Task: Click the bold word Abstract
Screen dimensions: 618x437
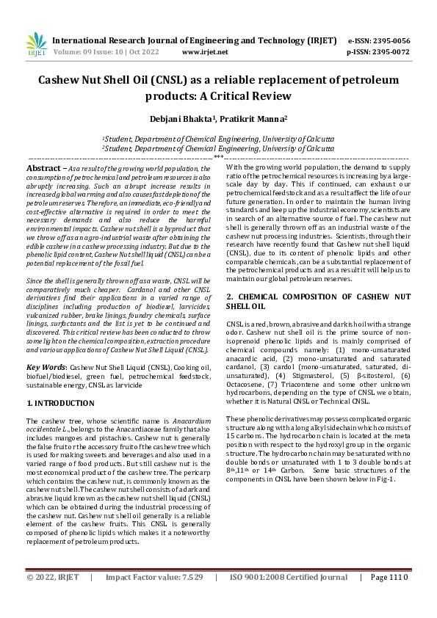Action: (x=43, y=168)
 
